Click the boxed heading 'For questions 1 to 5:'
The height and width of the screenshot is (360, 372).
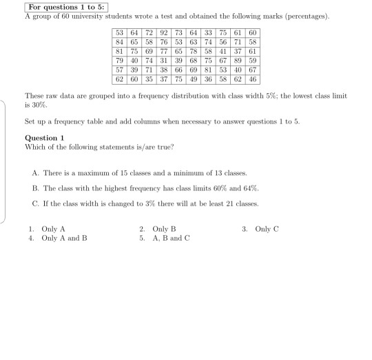63,6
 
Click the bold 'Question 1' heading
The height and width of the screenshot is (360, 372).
45,137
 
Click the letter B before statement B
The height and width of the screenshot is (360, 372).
35,188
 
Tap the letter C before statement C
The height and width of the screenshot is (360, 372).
35,204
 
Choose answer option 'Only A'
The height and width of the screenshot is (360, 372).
53,229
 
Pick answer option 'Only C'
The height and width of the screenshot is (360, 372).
267,229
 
